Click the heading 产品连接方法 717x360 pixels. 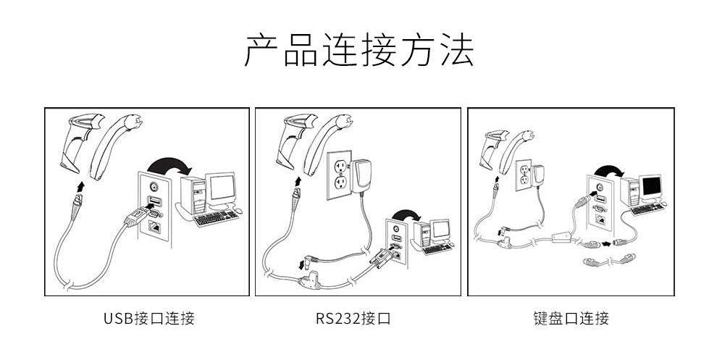(x=358, y=50)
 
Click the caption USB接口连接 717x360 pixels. (x=149, y=318)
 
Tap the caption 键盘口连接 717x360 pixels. (x=570, y=318)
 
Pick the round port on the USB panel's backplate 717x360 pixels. (x=153, y=186)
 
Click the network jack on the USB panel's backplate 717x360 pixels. (x=154, y=226)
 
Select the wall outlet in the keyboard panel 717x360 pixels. (x=524, y=175)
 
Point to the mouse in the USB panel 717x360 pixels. (x=238, y=212)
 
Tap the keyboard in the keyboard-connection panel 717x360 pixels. (x=646, y=209)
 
